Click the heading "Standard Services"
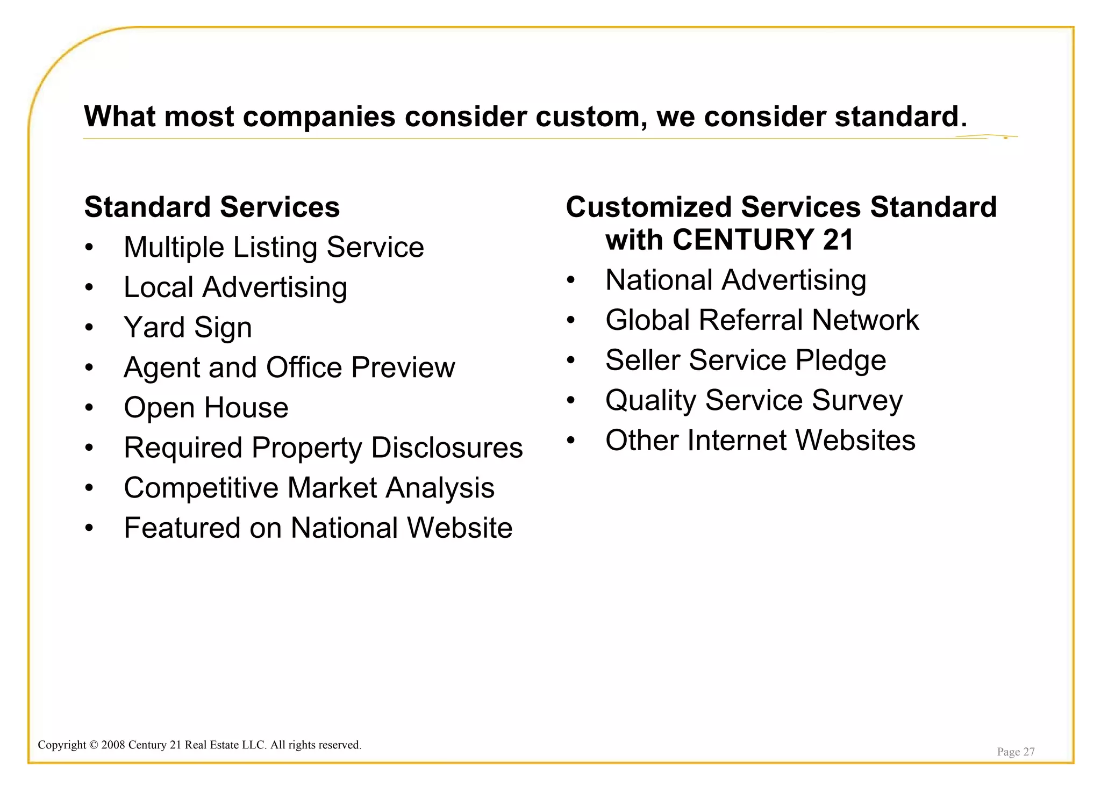[212, 207]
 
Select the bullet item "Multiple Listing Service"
[274, 248]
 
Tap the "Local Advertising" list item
[235, 287]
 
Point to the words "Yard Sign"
[188, 328]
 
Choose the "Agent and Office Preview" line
[289, 367]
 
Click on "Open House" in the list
[206, 408]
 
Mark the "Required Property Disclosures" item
[323, 448]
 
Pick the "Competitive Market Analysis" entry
[309, 488]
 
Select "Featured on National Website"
[318, 528]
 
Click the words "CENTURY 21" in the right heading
[762, 240]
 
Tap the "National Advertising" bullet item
[735, 280]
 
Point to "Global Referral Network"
[762, 320]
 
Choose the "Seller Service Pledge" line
[746, 361]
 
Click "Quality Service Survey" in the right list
[754, 401]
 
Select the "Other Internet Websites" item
[760, 441]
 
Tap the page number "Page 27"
[1016, 752]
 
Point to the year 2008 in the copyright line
[113, 745]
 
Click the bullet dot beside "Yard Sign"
[89, 328]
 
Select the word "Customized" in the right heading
[649, 207]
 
